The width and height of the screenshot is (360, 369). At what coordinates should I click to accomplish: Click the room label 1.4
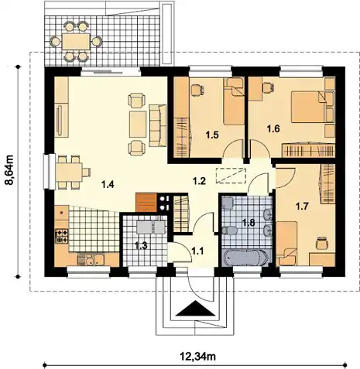coord(108,184)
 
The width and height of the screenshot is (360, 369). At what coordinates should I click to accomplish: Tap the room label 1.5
coord(212,135)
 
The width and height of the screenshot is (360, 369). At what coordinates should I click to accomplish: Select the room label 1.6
coord(273,128)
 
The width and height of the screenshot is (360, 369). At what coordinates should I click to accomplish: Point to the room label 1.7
coord(302,207)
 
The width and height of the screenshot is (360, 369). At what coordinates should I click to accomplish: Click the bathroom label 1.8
coord(249,222)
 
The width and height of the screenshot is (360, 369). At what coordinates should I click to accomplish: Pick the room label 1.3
coord(141,245)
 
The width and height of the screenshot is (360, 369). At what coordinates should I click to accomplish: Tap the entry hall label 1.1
coord(197,251)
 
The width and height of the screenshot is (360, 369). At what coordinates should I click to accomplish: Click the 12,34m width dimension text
coord(197,357)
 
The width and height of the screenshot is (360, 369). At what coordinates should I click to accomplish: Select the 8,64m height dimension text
coord(10,170)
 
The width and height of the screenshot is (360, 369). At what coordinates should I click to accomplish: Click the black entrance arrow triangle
coord(196,309)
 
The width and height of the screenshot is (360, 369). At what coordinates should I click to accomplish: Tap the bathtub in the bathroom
coord(245,258)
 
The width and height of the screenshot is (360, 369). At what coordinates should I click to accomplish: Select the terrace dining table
coord(76,41)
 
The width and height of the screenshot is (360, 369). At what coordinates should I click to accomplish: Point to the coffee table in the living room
coord(138,124)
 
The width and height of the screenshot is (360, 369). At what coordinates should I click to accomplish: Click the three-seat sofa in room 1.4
coord(157,125)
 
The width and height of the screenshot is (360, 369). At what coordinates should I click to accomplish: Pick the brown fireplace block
coord(146,203)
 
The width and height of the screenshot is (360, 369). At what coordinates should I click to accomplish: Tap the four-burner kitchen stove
coord(62,236)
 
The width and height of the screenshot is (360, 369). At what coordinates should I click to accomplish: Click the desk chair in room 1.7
coord(322,243)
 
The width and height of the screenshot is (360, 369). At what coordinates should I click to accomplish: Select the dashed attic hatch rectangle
coord(231,176)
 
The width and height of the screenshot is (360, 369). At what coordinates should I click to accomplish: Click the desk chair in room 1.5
coord(197,90)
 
